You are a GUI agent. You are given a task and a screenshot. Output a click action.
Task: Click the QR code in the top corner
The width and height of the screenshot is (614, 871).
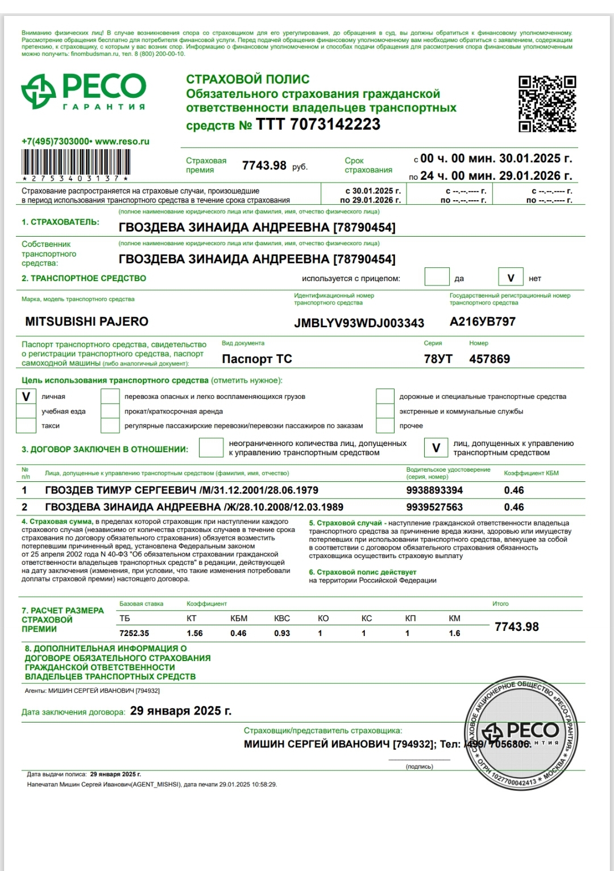(547, 104)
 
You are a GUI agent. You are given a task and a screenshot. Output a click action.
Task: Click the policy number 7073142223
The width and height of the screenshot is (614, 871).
(335, 125)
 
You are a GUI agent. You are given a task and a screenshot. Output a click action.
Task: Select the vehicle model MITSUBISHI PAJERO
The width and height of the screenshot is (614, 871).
(86, 321)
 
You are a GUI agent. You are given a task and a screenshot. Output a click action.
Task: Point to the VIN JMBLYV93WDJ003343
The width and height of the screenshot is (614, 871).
(359, 323)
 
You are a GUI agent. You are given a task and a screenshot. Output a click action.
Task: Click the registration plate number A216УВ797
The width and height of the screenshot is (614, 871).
(482, 321)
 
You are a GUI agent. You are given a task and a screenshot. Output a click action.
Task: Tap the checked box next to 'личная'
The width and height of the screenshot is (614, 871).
(26, 397)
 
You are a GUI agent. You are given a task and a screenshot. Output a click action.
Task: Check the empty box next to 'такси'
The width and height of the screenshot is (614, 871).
(26, 426)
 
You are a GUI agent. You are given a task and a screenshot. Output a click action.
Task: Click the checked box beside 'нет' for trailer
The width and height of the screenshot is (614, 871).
(511, 278)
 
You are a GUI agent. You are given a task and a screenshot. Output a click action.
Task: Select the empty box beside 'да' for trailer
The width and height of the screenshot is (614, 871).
(437, 278)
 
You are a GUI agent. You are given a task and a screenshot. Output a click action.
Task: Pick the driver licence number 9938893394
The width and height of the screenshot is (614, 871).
(434, 490)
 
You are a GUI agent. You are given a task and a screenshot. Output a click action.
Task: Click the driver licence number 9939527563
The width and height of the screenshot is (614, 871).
(434, 507)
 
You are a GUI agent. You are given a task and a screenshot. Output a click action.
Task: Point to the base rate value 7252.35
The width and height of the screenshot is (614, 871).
(134, 633)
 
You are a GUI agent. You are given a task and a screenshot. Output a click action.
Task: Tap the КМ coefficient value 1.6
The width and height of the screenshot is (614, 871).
(454, 633)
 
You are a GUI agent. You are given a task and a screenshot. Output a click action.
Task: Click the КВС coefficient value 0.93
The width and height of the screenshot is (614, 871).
(282, 633)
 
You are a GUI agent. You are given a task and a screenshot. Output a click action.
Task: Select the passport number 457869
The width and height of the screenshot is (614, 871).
(489, 359)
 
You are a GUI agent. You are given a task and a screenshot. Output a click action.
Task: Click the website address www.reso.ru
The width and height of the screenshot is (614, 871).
(122, 142)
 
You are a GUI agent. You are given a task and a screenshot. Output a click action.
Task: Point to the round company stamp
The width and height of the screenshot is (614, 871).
(521, 734)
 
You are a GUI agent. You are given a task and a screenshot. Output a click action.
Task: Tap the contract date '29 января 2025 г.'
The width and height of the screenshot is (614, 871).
(181, 711)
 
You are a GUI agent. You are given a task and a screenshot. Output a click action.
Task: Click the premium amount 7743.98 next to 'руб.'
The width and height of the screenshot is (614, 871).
(264, 166)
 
